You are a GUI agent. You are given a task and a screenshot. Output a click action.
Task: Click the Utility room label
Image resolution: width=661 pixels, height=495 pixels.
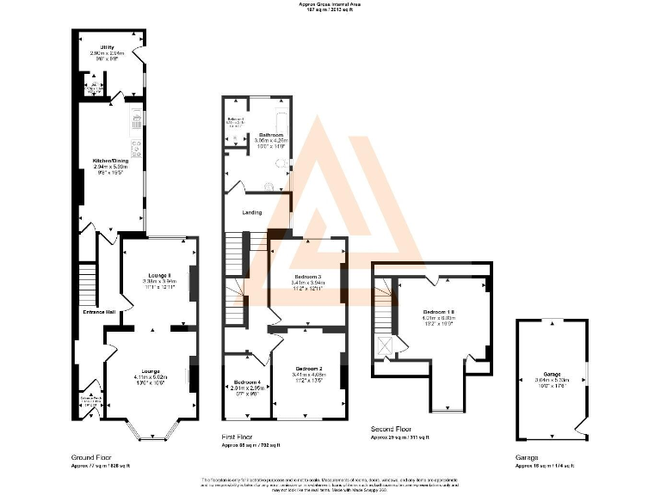point(107,47)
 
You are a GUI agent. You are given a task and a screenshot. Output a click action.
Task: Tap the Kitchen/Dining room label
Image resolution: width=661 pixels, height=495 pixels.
point(109,161)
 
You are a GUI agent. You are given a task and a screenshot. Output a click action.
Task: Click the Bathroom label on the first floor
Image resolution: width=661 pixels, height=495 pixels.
point(272,136)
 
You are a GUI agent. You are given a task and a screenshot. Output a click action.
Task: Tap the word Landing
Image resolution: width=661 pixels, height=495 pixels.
point(252,211)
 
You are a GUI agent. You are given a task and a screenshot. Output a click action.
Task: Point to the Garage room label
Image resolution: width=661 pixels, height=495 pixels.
point(552,375)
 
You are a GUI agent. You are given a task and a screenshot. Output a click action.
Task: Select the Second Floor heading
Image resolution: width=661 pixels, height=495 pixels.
point(392,428)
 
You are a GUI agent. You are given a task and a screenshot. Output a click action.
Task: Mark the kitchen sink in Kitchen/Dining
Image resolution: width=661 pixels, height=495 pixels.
point(136,118)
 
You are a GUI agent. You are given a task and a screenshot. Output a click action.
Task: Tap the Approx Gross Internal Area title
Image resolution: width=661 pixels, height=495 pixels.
point(330,4)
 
